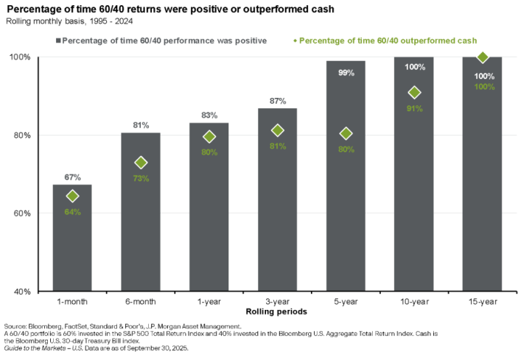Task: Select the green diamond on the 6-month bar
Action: pos(141,162)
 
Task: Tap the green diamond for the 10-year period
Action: pos(414,93)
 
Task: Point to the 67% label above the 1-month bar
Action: pos(72,177)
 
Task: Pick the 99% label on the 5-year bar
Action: pos(346,73)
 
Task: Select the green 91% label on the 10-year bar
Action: pos(414,109)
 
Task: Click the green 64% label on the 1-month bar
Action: pos(72,212)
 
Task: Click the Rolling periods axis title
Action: pos(278,312)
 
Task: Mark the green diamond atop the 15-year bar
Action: pos(483,57)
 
